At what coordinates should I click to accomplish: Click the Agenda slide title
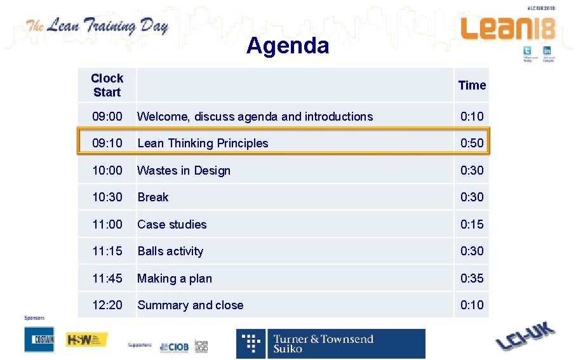click(288, 46)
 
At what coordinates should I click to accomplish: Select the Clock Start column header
click(107, 85)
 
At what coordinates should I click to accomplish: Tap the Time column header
click(472, 85)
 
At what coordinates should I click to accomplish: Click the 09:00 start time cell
click(107, 116)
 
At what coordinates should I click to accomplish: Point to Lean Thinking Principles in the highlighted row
click(203, 143)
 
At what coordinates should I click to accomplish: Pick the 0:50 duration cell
click(472, 143)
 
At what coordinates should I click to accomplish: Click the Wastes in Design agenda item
click(184, 170)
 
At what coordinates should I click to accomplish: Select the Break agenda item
click(153, 197)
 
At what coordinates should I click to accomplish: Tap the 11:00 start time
click(107, 224)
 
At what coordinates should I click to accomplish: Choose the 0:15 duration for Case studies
click(472, 224)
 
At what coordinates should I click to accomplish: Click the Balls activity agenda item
click(170, 251)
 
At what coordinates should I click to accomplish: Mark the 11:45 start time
click(107, 278)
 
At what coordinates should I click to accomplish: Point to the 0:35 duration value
click(472, 278)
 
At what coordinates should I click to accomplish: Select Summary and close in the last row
click(190, 305)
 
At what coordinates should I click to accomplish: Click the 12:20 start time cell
click(107, 305)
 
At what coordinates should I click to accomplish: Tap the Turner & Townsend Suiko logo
click(330, 343)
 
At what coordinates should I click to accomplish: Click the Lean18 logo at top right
click(507, 29)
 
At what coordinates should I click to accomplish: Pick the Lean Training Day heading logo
click(97, 27)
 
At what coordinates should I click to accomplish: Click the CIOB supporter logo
click(173, 346)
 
